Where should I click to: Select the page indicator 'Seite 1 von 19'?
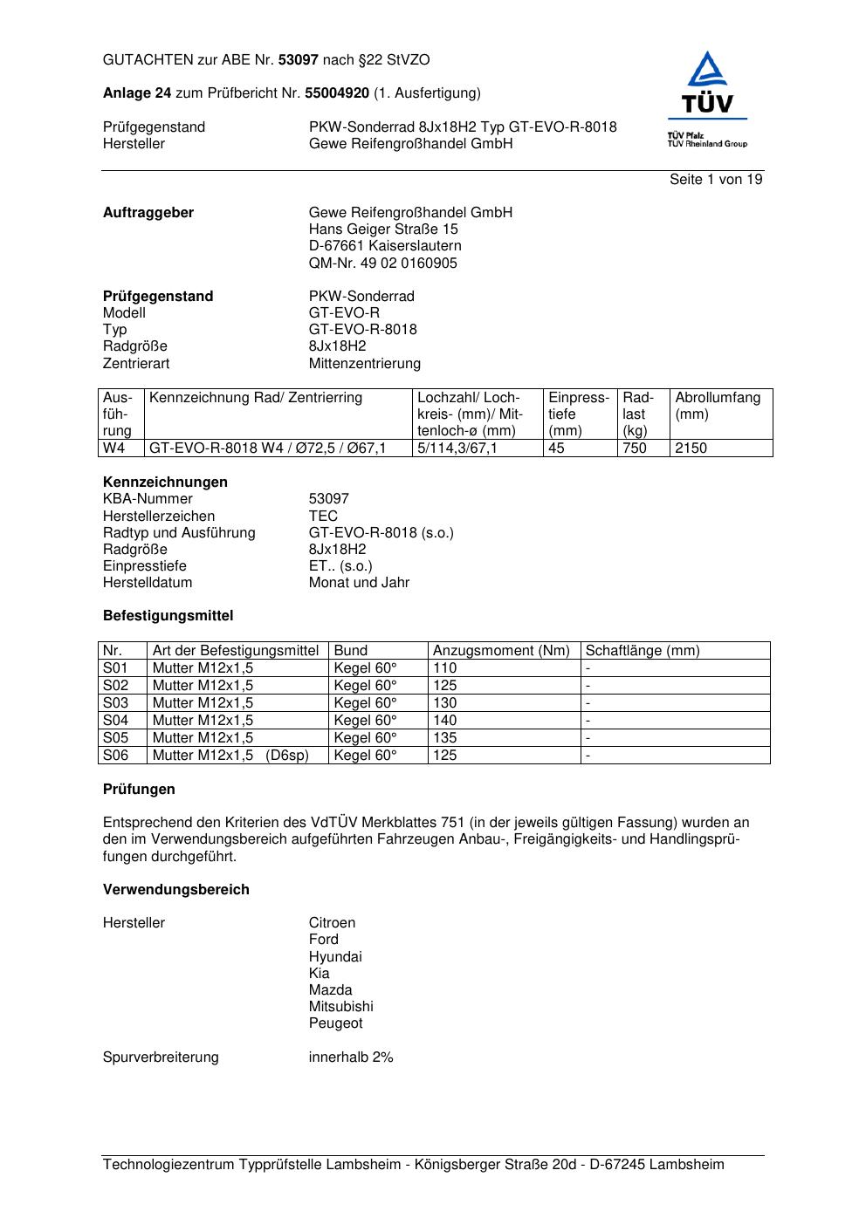716,180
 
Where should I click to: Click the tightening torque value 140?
445,721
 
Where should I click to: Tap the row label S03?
115,703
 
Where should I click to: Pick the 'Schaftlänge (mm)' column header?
643,651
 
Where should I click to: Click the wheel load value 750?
635,448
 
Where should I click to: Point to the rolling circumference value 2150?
691,448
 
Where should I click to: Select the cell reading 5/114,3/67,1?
457,448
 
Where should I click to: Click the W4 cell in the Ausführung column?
114,448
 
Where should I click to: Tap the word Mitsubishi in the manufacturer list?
340,1007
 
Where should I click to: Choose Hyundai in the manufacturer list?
335,957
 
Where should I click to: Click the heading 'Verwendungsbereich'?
176,890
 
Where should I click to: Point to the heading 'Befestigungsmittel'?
168,616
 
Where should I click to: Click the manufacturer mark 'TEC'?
323,517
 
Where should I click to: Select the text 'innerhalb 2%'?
351,1057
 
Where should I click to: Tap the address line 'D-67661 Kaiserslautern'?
385,246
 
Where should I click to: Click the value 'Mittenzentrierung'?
365,364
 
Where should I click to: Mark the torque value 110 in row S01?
445,668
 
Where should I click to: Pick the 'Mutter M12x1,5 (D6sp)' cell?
230,756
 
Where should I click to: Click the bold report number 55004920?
337,93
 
